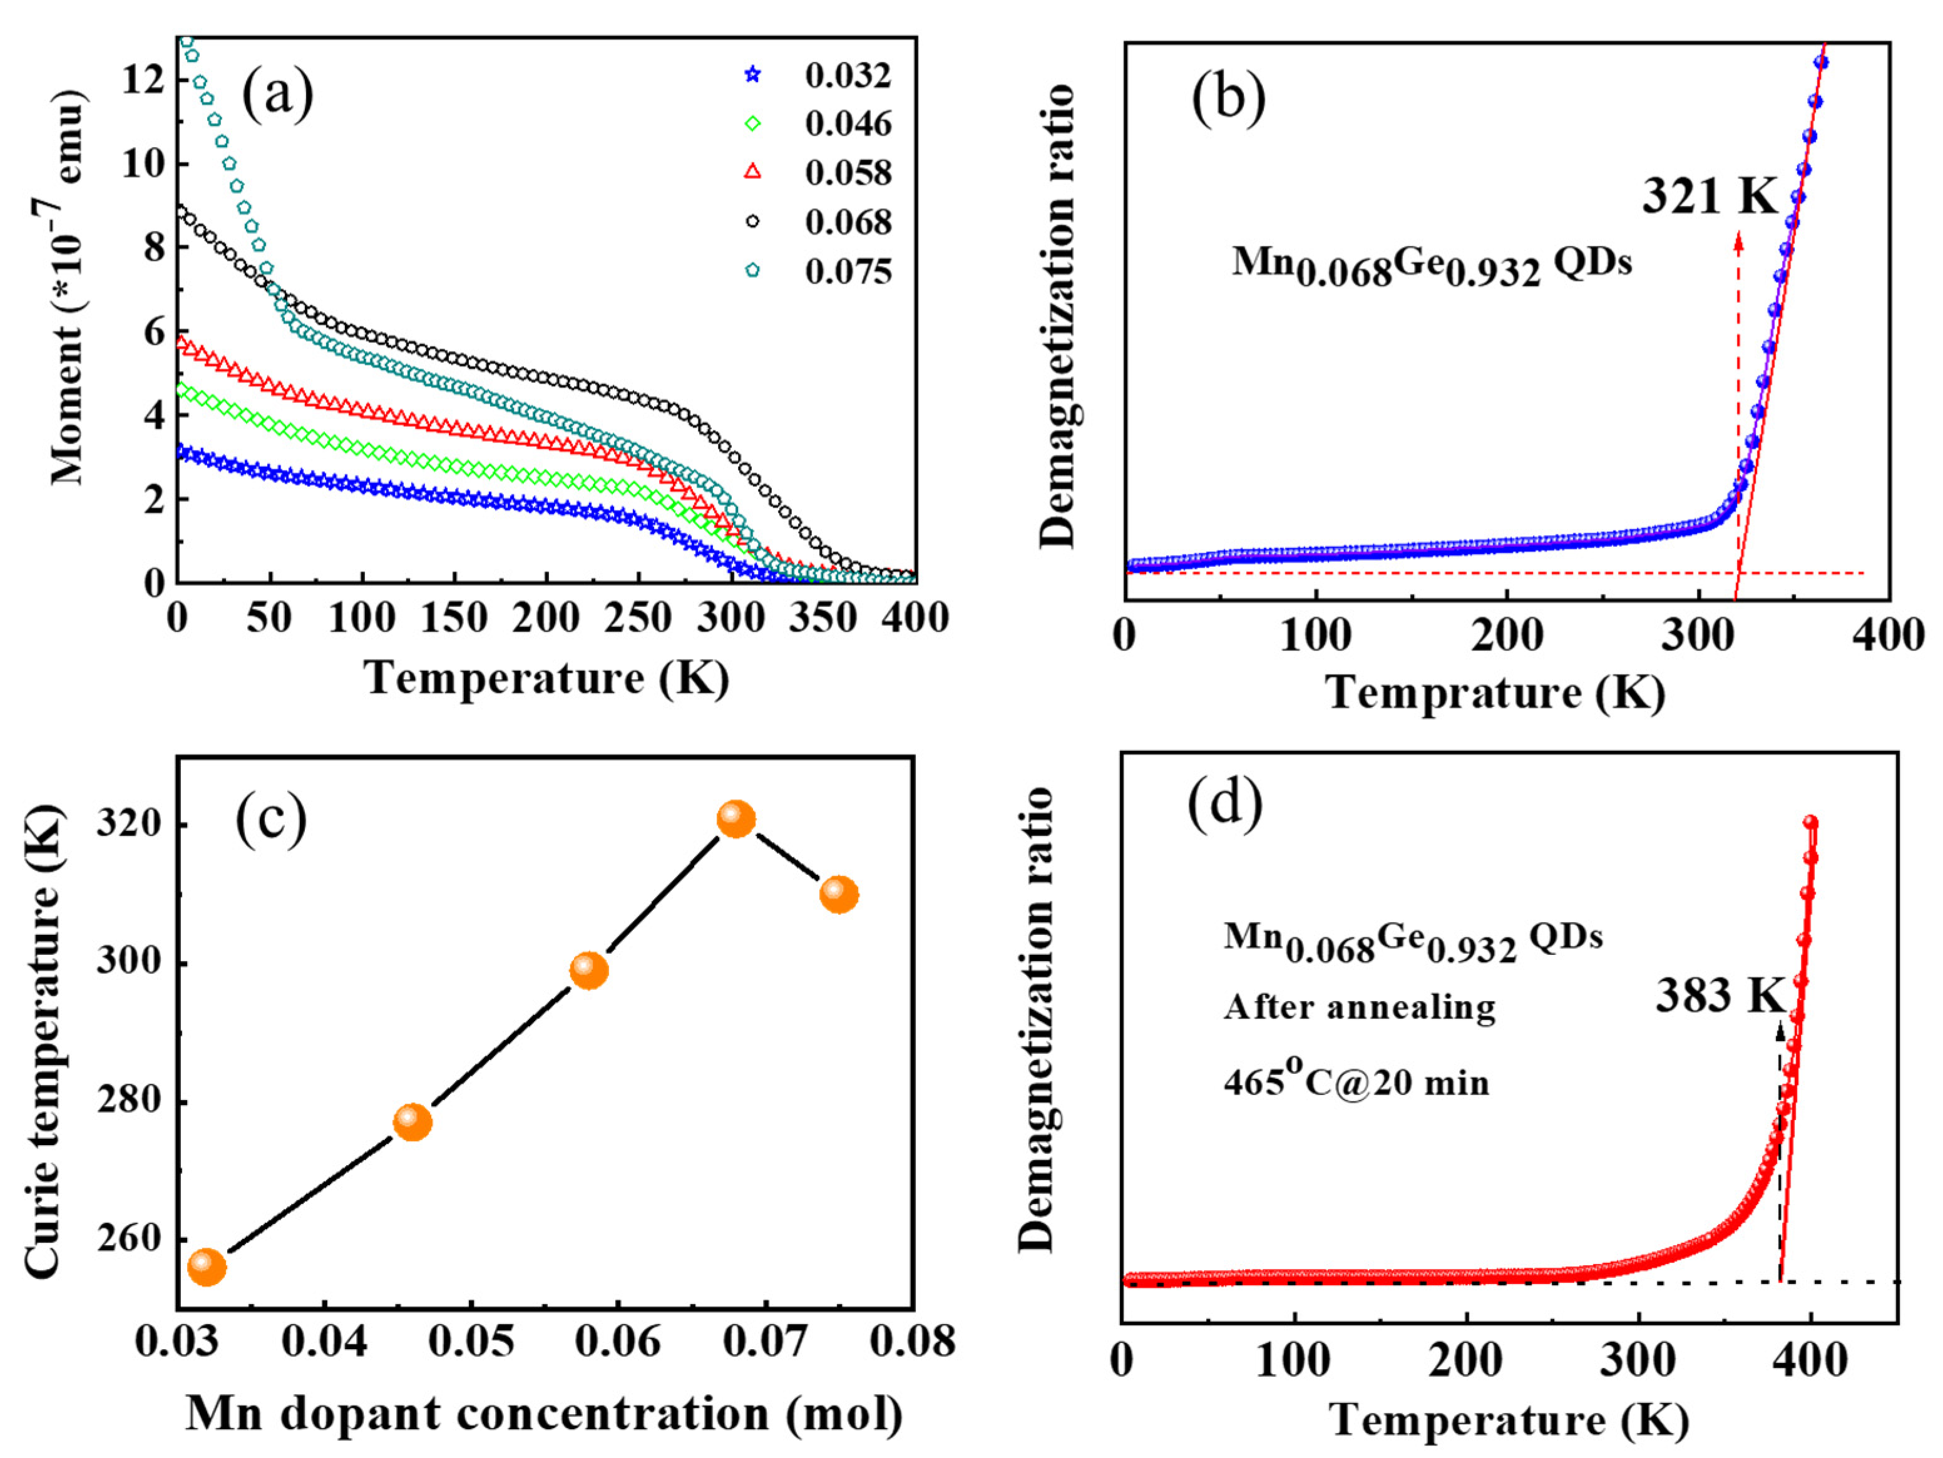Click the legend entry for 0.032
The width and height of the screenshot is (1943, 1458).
pos(847,76)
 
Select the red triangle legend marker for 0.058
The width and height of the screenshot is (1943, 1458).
pos(752,172)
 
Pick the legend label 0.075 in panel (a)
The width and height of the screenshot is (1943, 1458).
pos(847,272)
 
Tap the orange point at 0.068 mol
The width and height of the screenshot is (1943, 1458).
pos(736,818)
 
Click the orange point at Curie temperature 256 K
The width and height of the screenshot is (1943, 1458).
pos(207,1267)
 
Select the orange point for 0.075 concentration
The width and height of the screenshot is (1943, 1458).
pos(839,894)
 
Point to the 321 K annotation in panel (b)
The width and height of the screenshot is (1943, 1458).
pos(1708,195)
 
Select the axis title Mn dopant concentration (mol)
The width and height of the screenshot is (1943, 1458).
pos(545,1414)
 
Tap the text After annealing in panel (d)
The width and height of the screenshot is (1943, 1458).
pos(1360,1007)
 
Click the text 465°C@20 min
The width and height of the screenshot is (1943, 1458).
pos(1356,1082)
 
